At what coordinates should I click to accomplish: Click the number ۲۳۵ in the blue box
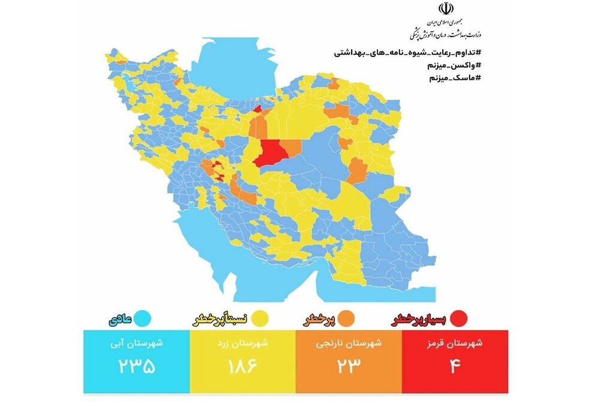point(137,366)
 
